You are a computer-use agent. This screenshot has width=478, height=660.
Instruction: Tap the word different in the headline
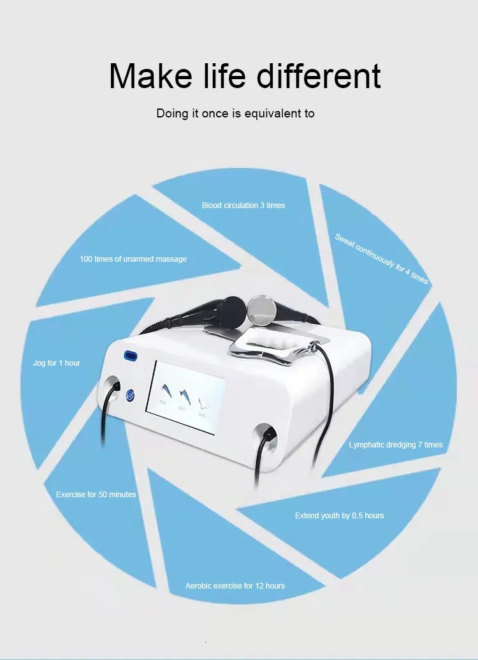click(x=319, y=75)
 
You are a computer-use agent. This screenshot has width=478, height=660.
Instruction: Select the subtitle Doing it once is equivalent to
click(x=235, y=114)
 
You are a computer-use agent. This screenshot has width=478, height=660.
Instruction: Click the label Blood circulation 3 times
click(x=243, y=206)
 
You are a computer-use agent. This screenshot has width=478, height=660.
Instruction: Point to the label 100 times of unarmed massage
click(x=133, y=259)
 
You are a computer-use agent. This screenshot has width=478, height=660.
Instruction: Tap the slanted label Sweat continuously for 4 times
click(x=381, y=259)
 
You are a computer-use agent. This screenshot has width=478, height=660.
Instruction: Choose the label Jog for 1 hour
click(x=57, y=363)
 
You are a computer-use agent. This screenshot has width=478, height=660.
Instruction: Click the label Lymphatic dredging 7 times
click(x=396, y=445)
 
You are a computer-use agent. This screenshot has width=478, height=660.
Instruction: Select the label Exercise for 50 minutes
click(x=96, y=495)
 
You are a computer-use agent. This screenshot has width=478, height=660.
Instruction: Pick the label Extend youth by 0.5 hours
click(x=340, y=516)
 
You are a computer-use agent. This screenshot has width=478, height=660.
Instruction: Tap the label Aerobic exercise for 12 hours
click(x=235, y=586)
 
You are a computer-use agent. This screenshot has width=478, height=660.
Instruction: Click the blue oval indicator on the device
click(x=131, y=356)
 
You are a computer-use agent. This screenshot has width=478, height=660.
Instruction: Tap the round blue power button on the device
click(x=130, y=395)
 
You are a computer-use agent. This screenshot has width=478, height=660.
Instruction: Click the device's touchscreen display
click(x=185, y=398)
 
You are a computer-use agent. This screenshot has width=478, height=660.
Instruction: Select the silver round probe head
click(x=261, y=310)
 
